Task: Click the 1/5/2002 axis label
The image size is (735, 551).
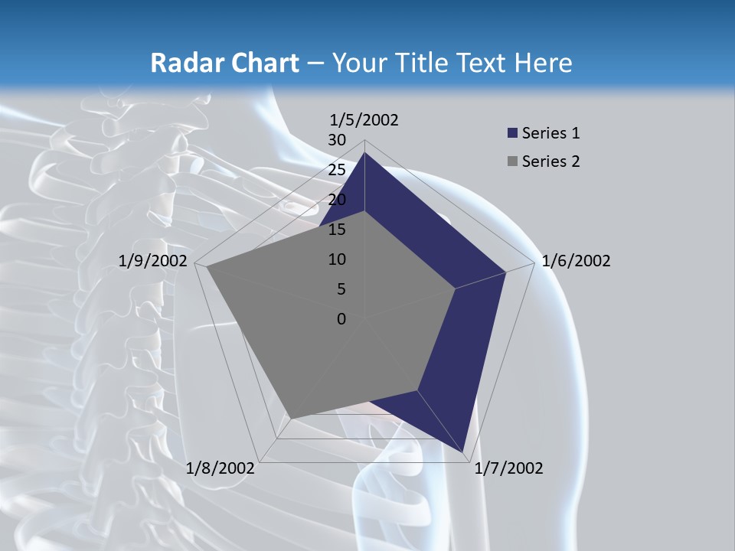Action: point(364,119)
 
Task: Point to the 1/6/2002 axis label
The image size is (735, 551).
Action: point(576,261)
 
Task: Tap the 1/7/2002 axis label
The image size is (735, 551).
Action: point(508,468)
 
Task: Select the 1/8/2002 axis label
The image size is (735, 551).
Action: point(220,468)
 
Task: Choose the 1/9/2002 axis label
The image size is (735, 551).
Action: point(153,261)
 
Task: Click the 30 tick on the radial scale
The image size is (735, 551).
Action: point(337,140)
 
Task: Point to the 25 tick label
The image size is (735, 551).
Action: point(337,170)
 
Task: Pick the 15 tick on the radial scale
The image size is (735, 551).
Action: point(337,230)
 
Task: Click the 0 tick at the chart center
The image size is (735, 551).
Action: point(341,319)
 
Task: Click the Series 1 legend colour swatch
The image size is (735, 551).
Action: point(512,134)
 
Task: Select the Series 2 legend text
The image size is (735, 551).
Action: point(550,161)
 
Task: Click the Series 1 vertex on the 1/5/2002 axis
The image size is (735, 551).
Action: point(364,152)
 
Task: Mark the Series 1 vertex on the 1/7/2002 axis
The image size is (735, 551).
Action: point(463,452)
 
